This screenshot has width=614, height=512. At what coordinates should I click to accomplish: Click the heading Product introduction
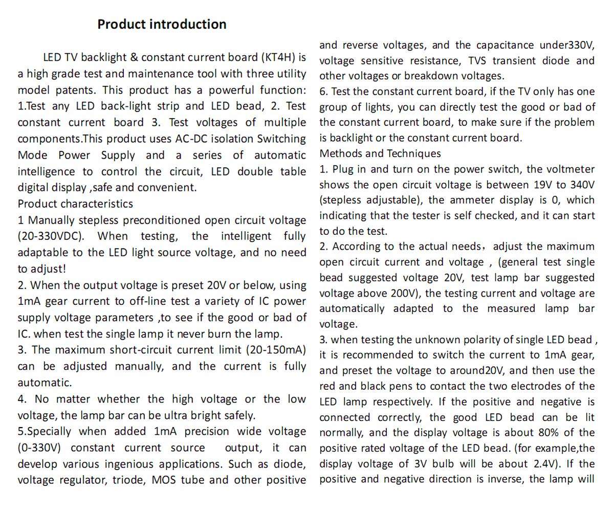pyautogui.click(x=162, y=24)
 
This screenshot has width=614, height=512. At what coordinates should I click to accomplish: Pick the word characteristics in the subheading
pyautogui.click(x=100, y=204)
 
